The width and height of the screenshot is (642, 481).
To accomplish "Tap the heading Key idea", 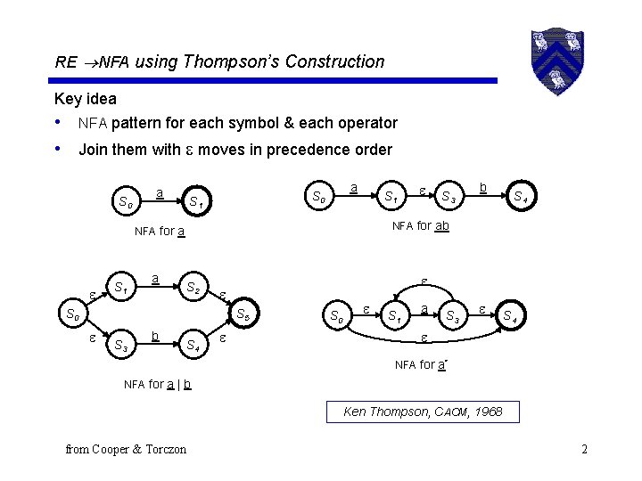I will (x=86, y=99).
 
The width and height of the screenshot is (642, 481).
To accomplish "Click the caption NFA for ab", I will (x=421, y=226).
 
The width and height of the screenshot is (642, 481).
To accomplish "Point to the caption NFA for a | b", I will (x=158, y=384).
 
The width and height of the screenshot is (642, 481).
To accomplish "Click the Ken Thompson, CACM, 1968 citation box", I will (x=423, y=412).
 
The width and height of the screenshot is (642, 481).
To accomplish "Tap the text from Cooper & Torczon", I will (x=126, y=449).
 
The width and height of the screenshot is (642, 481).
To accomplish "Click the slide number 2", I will (x=583, y=448).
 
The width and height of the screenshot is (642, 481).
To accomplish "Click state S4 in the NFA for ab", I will (x=519, y=197).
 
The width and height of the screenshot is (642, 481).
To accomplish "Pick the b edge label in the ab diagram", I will (x=481, y=187).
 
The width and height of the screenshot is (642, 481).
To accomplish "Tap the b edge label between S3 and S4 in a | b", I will (x=155, y=337).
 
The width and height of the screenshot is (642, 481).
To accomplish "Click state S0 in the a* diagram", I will (x=336, y=315).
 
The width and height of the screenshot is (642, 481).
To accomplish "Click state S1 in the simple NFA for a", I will (x=195, y=202).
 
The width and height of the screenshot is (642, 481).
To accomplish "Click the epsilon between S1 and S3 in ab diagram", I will (x=422, y=190).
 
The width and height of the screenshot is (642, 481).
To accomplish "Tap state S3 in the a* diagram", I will (x=453, y=315).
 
